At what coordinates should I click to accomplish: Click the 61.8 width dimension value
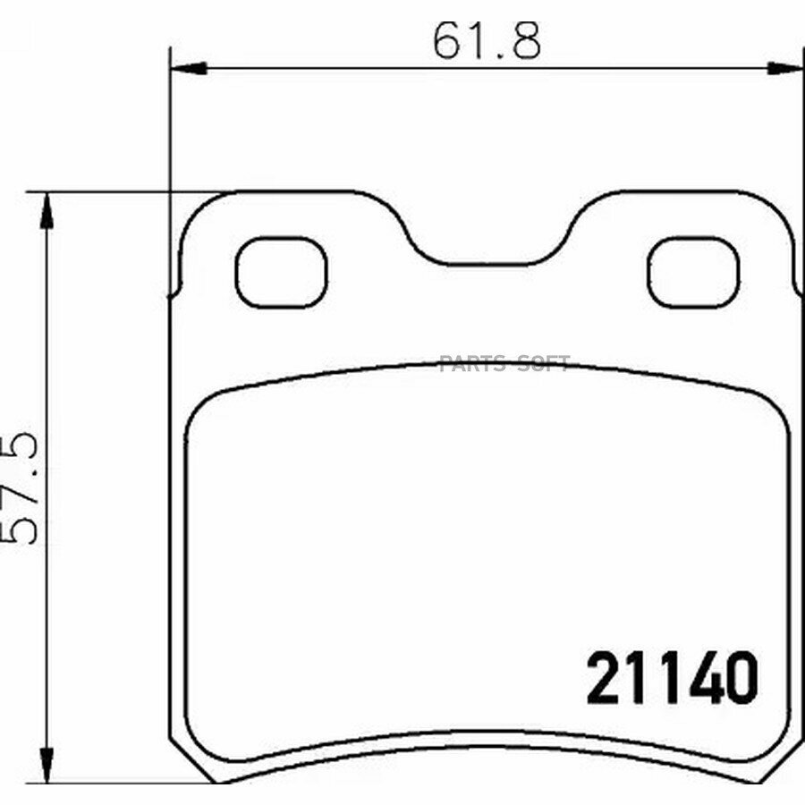pyautogui.click(x=487, y=41)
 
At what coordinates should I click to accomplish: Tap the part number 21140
pyautogui.click(x=672, y=678)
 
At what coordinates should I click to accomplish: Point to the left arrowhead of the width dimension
pyautogui.click(x=188, y=68)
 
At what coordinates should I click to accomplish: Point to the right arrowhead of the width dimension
pyautogui.click(x=785, y=68)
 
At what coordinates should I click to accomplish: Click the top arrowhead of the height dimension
pyautogui.click(x=47, y=210)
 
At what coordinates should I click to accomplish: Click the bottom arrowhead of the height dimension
pyautogui.click(x=47, y=766)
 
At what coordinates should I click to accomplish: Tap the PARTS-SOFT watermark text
pyautogui.click(x=504, y=363)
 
